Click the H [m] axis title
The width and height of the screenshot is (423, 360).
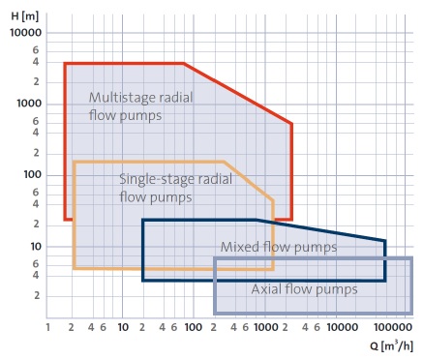pyautogui.click(x=25, y=16)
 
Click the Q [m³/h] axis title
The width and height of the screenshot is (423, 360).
pyautogui.click(x=392, y=346)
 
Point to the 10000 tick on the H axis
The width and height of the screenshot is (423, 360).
pyautogui.click(x=26, y=33)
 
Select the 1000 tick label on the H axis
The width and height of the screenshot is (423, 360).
pyautogui.click(x=29, y=104)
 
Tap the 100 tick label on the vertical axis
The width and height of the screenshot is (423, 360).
pyautogui.click(x=33, y=175)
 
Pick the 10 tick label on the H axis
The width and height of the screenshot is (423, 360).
pyautogui.click(x=36, y=247)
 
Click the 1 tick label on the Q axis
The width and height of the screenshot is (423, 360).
pyautogui.click(x=48, y=327)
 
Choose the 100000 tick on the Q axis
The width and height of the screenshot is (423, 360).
pyautogui.click(x=393, y=327)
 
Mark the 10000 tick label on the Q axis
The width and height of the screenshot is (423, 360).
pyautogui.click(x=343, y=327)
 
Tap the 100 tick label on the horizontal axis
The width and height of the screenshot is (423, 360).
pyautogui.click(x=194, y=327)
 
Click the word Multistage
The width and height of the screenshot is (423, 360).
pyautogui.click(x=118, y=98)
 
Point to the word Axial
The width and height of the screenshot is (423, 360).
pyautogui.click(x=264, y=289)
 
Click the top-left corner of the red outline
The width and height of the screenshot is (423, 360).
pyautogui.click(x=65, y=64)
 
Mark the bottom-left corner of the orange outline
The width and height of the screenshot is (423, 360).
pyautogui.click(x=75, y=268)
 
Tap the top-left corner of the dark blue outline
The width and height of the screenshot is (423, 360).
pyautogui.click(x=143, y=220)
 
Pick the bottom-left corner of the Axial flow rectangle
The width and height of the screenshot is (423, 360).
pyautogui.click(x=215, y=313)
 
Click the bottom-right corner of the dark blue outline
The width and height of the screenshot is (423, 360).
pyautogui.click(x=385, y=281)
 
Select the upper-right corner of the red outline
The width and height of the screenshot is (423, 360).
pyautogui.click(x=291, y=124)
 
